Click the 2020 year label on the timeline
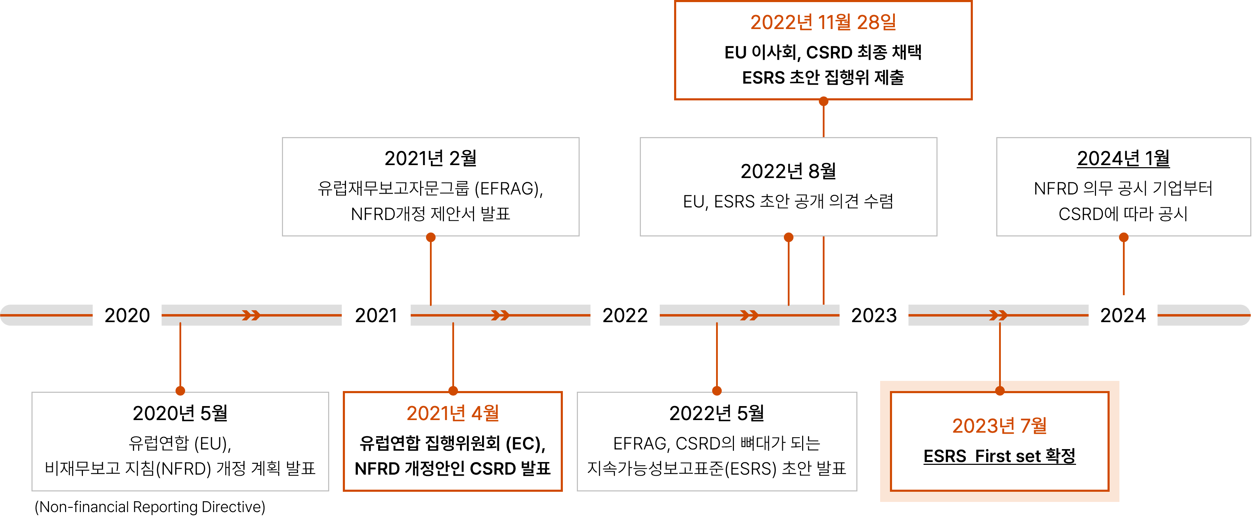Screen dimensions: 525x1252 tap(127, 315)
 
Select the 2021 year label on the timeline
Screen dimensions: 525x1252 tap(376, 315)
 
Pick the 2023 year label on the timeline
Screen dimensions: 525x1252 tap(873, 315)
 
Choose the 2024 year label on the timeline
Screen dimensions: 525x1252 tap(1123, 315)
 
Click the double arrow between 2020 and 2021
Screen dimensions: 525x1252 tap(251, 315)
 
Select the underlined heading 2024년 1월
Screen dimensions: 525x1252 tap(1123, 158)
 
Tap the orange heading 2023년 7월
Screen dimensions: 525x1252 tap(999, 426)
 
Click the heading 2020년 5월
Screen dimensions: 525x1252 tap(180, 413)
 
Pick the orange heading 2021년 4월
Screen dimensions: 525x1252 tap(452, 413)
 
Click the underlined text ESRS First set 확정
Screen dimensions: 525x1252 tap(999, 456)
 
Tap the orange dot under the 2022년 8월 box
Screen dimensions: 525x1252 tap(788, 237)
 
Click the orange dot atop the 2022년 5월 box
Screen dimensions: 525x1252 tap(716, 390)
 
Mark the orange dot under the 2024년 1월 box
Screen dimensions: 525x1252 tap(1123, 237)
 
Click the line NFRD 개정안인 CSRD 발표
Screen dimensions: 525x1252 tap(452, 469)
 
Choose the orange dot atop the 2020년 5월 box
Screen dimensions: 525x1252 tap(180, 390)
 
